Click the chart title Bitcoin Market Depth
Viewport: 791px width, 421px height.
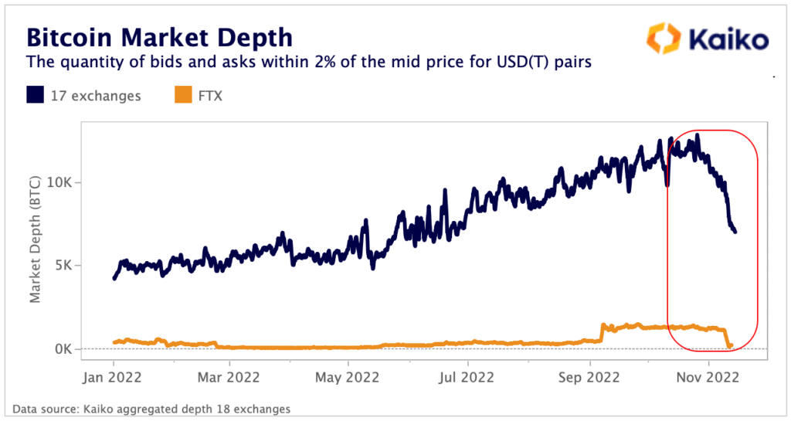point(160,37)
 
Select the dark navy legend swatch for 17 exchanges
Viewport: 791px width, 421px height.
point(36,96)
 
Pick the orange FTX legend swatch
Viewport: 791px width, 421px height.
point(182,96)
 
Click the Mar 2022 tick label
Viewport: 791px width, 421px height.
point(229,379)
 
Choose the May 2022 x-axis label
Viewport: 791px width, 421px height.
point(348,379)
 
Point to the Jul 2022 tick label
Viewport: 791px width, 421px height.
point(467,379)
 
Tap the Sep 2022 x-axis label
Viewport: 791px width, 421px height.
point(589,379)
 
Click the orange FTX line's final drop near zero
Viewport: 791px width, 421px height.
point(729,345)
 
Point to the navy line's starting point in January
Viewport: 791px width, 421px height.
point(114,278)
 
